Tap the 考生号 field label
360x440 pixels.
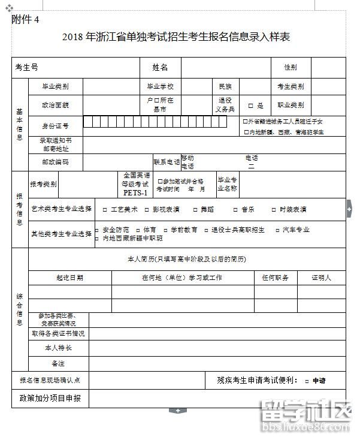click(x=27, y=67)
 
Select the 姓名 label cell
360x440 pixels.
click(x=160, y=67)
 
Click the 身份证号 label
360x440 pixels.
click(x=55, y=126)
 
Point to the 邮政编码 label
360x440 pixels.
click(x=55, y=162)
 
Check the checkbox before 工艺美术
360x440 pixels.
click(x=105, y=210)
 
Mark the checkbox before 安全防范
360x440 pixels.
click(x=98, y=230)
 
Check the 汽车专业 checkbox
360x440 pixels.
click(x=277, y=230)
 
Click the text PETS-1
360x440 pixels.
click(x=135, y=193)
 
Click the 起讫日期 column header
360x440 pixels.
click(x=70, y=278)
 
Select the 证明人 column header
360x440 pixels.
click(x=321, y=278)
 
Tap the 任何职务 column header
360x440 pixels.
click(x=276, y=278)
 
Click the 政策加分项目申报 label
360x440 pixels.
click(x=50, y=398)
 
